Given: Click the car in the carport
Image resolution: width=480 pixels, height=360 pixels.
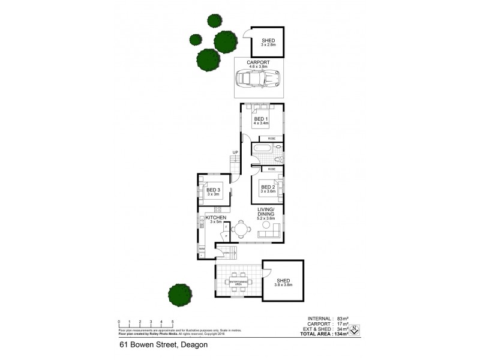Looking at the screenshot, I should tap(256, 78).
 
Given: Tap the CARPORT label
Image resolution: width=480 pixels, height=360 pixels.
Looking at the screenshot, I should tap(257, 62).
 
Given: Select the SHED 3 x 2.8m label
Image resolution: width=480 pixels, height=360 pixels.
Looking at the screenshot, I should tap(268, 42).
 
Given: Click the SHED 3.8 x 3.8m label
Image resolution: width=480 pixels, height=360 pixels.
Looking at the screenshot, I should tap(283, 283).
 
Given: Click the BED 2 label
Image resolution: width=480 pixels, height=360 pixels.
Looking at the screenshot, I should tap(268, 188).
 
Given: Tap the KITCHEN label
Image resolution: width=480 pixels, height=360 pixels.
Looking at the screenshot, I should tap(215, 218).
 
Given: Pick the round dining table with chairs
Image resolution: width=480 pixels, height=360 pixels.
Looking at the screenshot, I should tap(241, 229).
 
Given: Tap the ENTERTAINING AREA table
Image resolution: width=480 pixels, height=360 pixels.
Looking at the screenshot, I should tap(238, 283).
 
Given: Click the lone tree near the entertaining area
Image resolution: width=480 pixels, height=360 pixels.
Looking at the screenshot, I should tap(180, 294).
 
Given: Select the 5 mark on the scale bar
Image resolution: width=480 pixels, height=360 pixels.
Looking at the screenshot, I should tap(173, 322).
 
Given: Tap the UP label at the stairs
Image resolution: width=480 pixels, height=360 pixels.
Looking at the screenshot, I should tap(236, 152).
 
